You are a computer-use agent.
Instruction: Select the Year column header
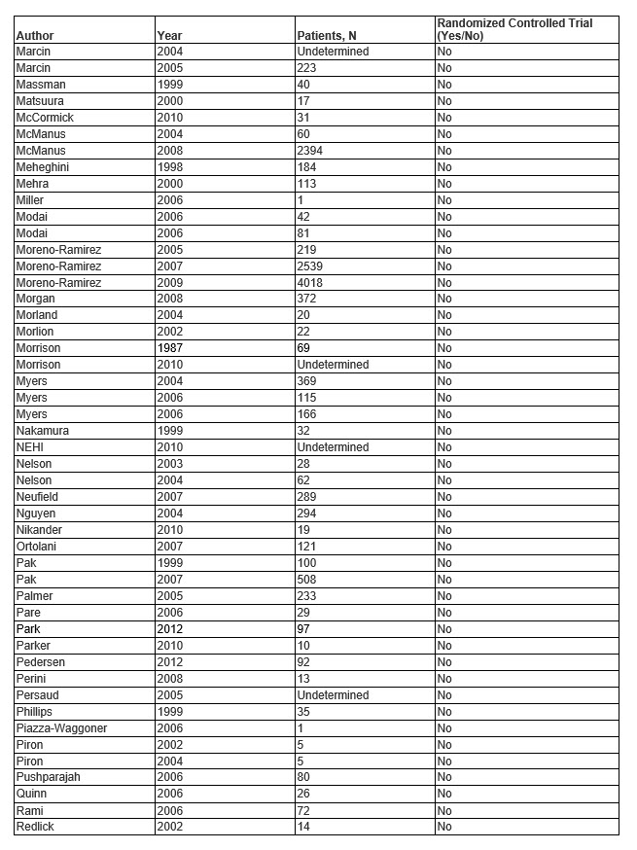click(168, 36)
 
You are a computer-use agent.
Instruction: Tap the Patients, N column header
click(326, 36)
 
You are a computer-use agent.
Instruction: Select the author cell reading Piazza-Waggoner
click(61, 728)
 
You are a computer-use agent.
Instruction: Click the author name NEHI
click(31, 447)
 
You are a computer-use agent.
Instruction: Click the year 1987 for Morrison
click(170, 348)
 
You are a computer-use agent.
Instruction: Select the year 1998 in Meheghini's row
click(170, 167)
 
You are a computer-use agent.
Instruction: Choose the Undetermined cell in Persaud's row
click(333, 695)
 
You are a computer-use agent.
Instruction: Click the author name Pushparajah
click(46, 778)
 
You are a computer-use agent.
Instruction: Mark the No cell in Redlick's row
click(444, 827)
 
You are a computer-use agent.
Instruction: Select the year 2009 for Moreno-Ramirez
click(170, 282)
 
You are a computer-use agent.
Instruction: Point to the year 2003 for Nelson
click(170, 464)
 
